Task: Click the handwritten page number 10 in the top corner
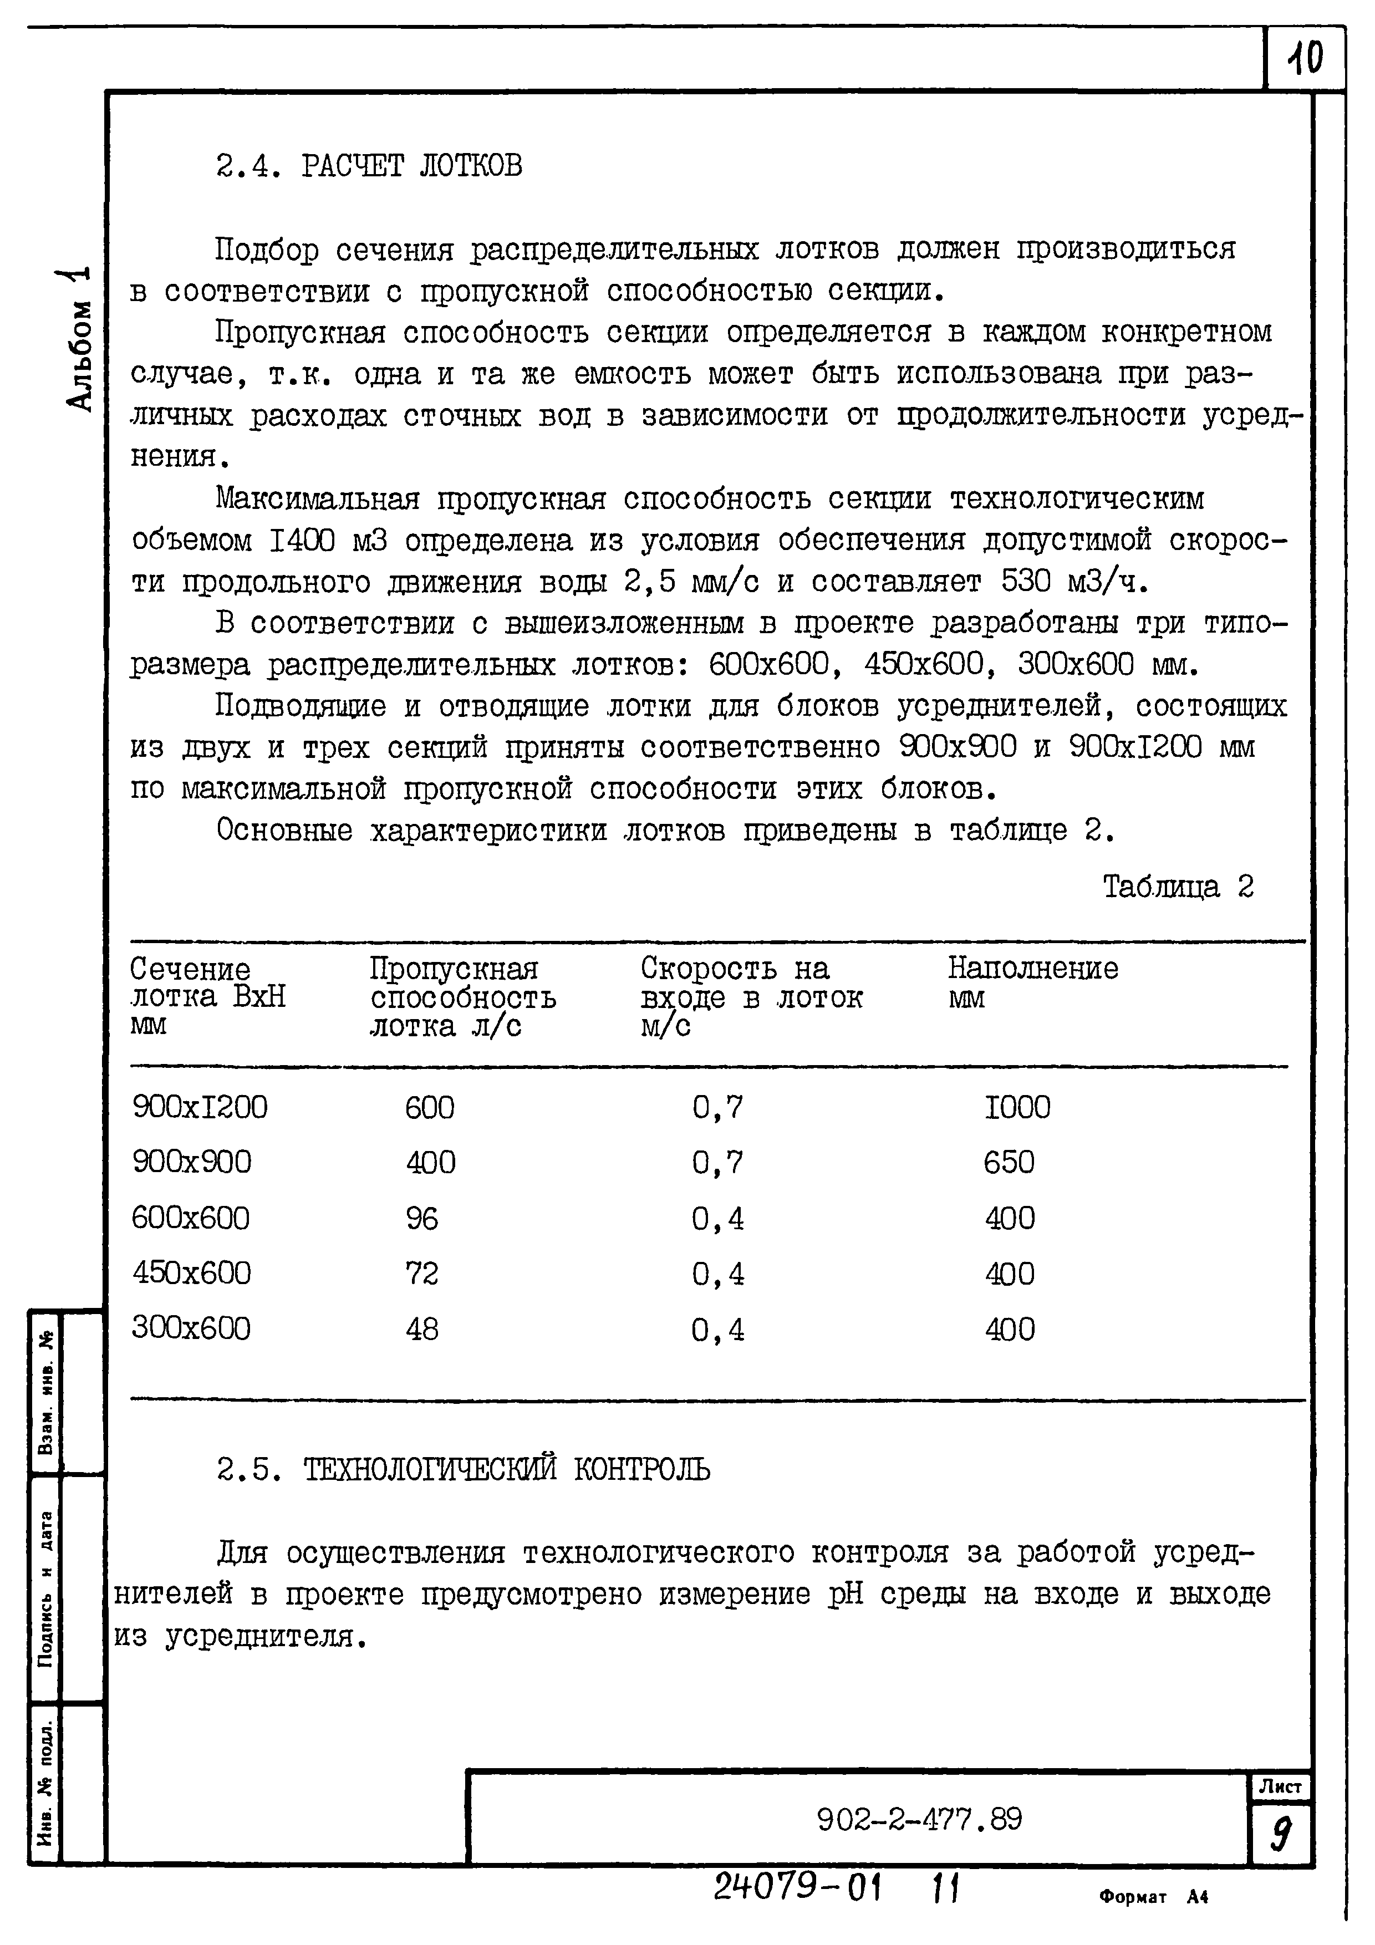(1304, 58)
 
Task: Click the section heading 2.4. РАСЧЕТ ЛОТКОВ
(369, 166)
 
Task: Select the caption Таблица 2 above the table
(1178, 887)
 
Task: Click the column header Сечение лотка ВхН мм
(207, 996)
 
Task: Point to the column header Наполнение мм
(1032, 982)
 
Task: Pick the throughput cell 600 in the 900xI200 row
(430, 1107)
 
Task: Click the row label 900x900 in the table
(191, 1162)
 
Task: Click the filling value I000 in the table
(1017, 1107)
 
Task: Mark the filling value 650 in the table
(1008, 1162)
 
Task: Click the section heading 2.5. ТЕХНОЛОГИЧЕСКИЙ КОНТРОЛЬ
(464, 1469)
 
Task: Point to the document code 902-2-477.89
(919, 1819)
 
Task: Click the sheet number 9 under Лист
(1280, 1835)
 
